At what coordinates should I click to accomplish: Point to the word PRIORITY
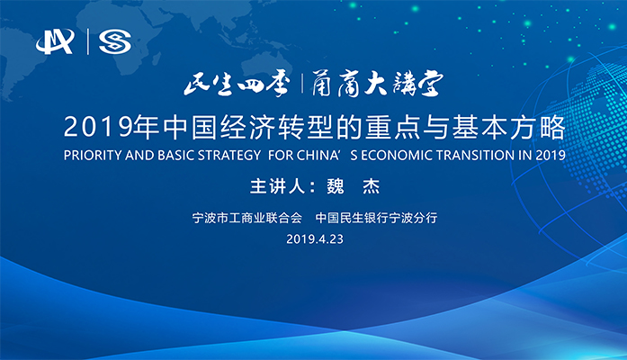tap(93, 154)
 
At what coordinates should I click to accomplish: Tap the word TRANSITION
tap(476, 154)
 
